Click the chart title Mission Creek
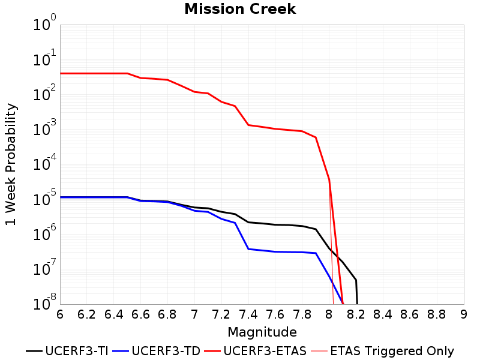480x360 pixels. pyautogui.click(x=240, y=9)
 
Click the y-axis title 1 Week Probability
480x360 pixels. pyautogui.click(x=11, y=164)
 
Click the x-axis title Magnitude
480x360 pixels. pyautogui.click(x=262, y=332)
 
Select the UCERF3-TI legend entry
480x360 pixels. pyautogui.click(x=67, y=351)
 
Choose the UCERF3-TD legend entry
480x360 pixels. pyautogui.click(x=157, y=351)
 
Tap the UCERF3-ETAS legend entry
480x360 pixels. pyautogui.click(x=256, y=351)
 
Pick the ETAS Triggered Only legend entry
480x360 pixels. pyautogui.click(x=382, y=351)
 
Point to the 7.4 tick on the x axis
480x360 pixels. pyautogui.click(x=248, y=314)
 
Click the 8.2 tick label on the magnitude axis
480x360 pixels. pyautogui.click(x=356, y=314)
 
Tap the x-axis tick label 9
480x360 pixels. pyautogui.click(x=464, y=314)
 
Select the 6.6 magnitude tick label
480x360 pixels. pyautogui.click(x=140, y=314)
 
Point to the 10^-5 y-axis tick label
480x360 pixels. pyautogui.click(x=44, y=198)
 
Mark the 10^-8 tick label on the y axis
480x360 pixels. pyautogui.click(x=44, y=302)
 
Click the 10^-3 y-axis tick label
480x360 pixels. pyautogui.click(x=44, y=128)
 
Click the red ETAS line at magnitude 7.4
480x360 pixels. pyautogui.click(x=248, y=125)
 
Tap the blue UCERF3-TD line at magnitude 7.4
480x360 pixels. pyautogui.click(x=248, y=249)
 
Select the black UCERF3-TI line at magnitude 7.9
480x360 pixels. pyautogui.click(x=316, y=229)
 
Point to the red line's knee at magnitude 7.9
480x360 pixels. pyautogui.click(x=316, y=137)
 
